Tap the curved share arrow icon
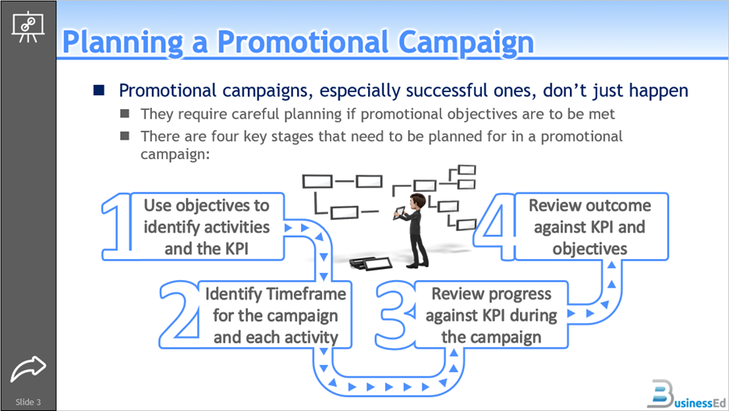pos(29,368)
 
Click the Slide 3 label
pos(28,402)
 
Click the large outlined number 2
pos(179,313)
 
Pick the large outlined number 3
pos(397,313)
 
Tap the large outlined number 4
pos(495,227)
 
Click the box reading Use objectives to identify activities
pos(207,227)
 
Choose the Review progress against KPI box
pos(491,315)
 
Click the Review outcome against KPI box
pos(589,227)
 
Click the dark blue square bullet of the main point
pos(99,90)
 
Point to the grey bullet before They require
pos(125,114)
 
